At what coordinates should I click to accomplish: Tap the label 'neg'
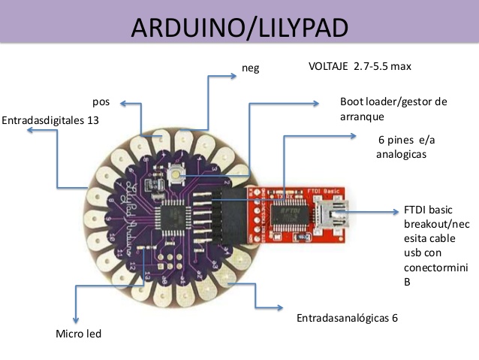click(x=251, y=68)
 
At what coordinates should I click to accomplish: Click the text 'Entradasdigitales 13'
click(x=50, y=119)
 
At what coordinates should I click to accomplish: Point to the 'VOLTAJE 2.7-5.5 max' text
click(x=360, y=67)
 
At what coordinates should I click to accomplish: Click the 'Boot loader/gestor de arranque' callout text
click(x=393, y=109)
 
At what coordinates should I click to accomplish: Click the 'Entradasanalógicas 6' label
click(x=347, y=317)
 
